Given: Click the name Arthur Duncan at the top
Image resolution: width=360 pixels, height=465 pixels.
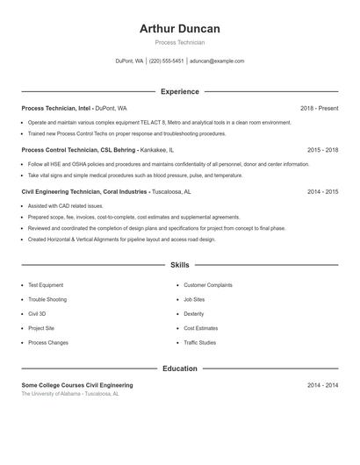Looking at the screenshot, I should pos(179,28).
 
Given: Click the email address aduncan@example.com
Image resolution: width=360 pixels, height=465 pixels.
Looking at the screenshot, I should pos(217,61).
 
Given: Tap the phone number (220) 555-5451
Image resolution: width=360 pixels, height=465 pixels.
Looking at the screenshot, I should pos(166,61).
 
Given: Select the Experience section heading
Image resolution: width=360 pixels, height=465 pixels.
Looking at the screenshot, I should pos(179,91).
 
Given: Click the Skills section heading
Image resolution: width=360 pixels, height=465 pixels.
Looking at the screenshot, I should pos(179,264).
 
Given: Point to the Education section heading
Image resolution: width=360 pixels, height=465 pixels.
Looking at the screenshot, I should pos(179,368).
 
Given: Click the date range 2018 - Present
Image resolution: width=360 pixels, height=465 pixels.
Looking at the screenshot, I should pos(319,108).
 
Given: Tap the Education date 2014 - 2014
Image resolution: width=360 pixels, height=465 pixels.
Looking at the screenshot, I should pos(322,385).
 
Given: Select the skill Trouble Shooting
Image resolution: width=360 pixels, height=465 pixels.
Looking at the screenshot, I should pos(47,299).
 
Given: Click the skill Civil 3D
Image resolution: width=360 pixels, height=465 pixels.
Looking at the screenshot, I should pos(37,313).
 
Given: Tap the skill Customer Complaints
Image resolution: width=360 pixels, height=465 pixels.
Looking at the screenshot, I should pos(207,284).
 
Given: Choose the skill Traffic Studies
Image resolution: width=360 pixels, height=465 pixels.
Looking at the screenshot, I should pos(199,342).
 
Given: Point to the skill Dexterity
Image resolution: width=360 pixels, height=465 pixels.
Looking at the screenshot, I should pos(193,313).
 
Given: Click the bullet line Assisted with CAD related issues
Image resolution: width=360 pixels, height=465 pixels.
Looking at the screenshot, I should pos(65,206).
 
